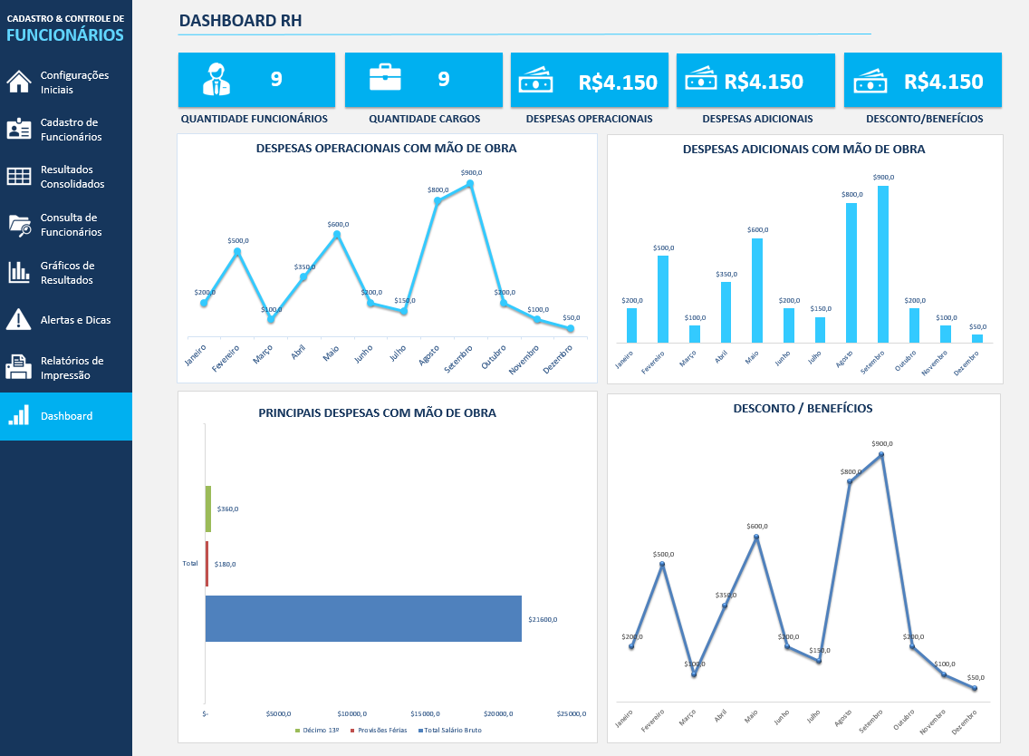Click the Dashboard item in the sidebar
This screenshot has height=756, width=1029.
(66, 416)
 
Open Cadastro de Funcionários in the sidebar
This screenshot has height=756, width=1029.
(71, 130)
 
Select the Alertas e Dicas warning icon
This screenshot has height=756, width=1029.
(19, 320)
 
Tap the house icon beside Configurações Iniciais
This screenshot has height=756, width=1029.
(19, 82)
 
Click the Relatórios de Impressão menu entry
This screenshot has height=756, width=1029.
(72, 367)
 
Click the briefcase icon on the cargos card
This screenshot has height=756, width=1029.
(385, 78)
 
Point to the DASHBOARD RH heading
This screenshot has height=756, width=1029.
(241, 21)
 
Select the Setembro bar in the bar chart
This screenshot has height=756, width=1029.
(882, 264)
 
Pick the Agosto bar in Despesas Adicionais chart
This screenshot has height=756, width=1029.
(851, 273)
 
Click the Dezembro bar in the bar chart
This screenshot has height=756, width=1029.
(977, 338)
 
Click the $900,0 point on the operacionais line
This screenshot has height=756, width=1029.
(470, 184)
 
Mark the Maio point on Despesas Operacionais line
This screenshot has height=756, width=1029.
(337, 235)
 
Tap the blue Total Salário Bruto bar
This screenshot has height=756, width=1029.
(363, 619)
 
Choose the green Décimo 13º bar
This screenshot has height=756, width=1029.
(208, 509)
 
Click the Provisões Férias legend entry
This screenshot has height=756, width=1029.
(380, 730)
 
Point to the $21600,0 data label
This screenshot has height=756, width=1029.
(543, 620)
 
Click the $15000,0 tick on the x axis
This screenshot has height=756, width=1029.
(426, 713)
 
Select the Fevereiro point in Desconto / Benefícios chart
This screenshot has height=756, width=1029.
(662, 565)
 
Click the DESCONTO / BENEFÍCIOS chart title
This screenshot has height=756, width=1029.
(803, 408)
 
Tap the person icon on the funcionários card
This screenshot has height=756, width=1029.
(216, 80)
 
